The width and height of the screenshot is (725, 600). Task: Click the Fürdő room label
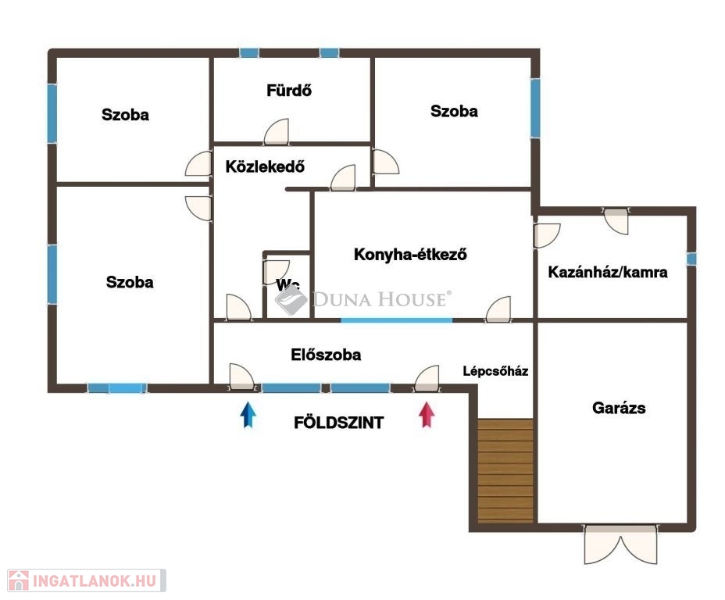pos(289,90)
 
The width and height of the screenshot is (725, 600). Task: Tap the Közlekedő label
pos(265,166)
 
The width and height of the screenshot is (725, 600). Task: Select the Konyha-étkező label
pos(410,254)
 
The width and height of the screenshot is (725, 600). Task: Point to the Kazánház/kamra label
pos(608,272)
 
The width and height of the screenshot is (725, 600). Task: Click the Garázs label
pos(619,408)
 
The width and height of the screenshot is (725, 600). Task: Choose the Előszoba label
pos(326,355)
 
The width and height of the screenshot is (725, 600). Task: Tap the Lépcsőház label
pos(495,371)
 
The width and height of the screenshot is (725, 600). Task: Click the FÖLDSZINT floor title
pos(339,423)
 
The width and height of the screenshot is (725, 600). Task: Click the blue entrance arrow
pos(248,415)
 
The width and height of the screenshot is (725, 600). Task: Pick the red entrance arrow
pos(427,415)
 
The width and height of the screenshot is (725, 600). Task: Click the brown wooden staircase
pos(505,470)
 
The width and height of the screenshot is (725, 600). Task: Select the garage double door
pos(620,544)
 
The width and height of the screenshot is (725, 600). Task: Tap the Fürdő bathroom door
pos(277,132)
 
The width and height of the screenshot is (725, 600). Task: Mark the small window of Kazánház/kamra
pos(691,259)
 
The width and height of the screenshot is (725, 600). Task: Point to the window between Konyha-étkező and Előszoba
pos(397,320)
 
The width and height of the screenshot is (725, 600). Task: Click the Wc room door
pos(277,273)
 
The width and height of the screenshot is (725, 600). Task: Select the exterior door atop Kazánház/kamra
pos(616,221)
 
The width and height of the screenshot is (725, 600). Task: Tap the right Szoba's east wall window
pos(535,108)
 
